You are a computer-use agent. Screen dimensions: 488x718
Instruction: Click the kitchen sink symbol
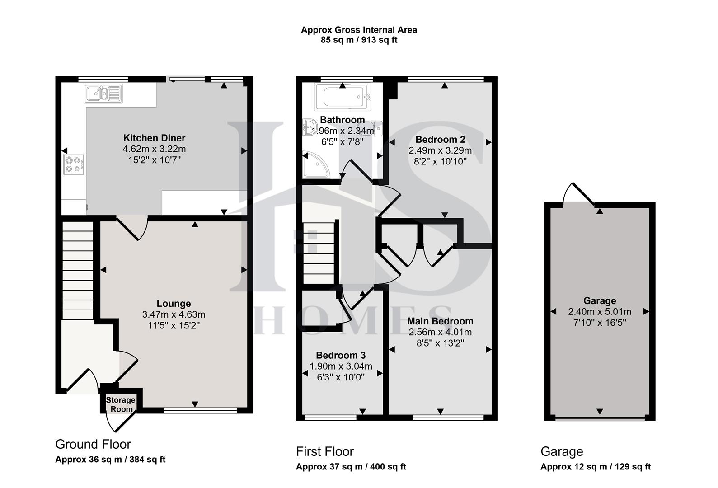coord(103,94)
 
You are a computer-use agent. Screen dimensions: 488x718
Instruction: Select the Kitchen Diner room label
coord(154,138)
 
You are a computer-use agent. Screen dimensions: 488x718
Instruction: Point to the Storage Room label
coord(121,404)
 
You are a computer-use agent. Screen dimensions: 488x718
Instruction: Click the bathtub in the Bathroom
coord(343,97)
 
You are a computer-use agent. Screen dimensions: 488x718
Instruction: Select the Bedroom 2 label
coord(440,140)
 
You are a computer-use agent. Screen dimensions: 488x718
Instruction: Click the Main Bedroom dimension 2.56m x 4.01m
coord(440,333)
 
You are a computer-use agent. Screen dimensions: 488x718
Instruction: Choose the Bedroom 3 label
coord(341,356)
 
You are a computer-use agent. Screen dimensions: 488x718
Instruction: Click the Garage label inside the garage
coord(600,301)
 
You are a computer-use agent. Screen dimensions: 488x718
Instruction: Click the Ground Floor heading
coord(93,445)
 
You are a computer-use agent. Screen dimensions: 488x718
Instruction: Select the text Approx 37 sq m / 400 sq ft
coord(351,467)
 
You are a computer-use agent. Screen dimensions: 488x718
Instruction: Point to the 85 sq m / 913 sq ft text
coord(359,40)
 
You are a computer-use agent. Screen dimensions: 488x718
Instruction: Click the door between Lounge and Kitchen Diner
coord(133,228)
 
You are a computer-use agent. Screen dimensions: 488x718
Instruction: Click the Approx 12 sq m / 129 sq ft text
coord(596,467)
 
